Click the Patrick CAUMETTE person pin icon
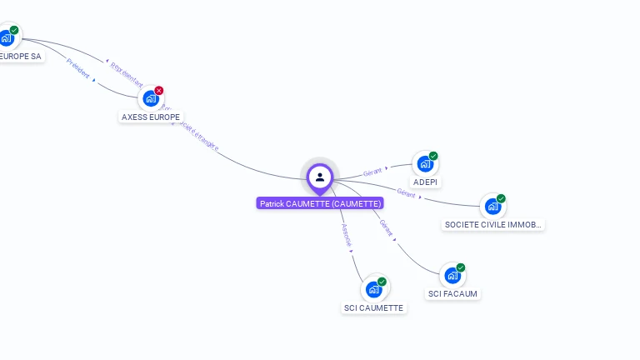point(320,177)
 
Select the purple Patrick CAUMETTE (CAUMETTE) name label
point(320,203)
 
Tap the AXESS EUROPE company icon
point(150,98)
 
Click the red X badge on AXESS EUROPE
point(159,90)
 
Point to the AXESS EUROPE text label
point(151,117)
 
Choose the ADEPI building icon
point(425,163)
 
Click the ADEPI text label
point(425,182)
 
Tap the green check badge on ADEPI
point(433,156)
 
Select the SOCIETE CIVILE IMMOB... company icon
point(492,206)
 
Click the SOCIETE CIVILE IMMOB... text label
point(493,225)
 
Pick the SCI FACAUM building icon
point(452,275)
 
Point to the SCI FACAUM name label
point(453,294)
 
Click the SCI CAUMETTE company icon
point(373,289)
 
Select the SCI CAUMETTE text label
point(373,308)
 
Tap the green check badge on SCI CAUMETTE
point(382,282)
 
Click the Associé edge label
point(347,235)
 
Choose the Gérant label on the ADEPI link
point(372,172)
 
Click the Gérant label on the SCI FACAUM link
point(387,227)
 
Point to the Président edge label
point(78,67)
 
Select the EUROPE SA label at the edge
point(20,57)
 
